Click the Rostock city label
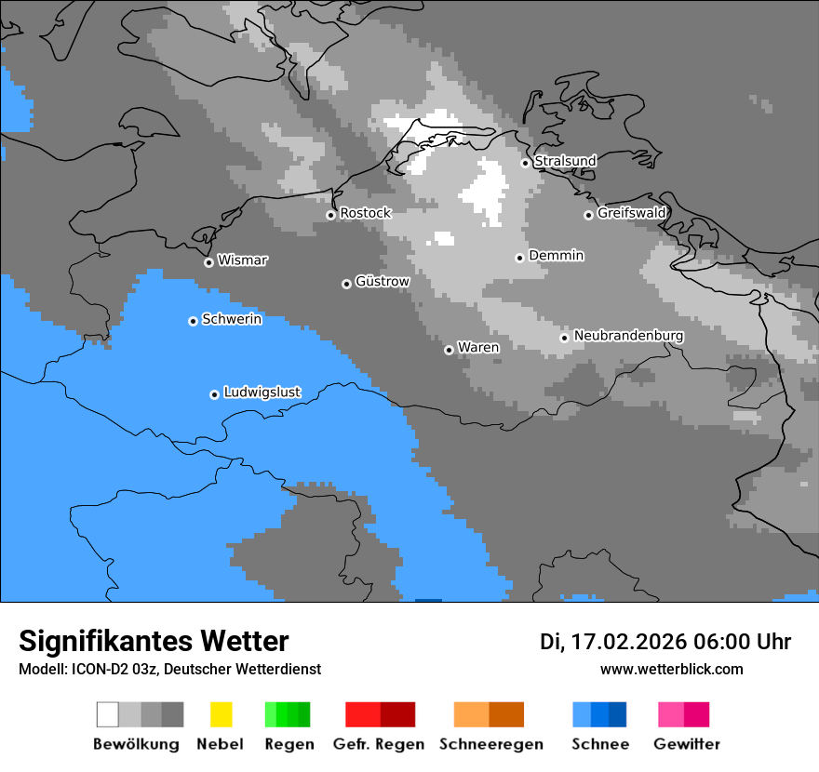(365, 213)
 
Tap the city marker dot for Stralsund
(525, 163)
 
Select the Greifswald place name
(631, 213)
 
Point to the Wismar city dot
(208, 262)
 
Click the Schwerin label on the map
(232, 319)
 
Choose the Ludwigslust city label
(262, 393)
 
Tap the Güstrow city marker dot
(346, 284)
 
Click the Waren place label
(478, 348)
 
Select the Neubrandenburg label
(628, 336)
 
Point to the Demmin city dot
(519, 258)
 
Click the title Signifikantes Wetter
(154, 641)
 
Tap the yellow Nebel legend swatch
(221, 714)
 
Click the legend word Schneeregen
(490, 744)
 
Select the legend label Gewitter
(687, 744)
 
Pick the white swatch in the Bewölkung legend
(108, 714)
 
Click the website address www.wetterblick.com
(671, 669)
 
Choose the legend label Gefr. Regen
(378, 744)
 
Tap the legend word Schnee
(600, 744)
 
